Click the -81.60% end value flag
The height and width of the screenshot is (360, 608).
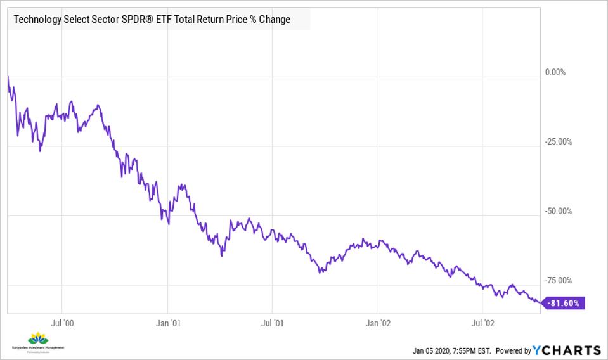[564, 303]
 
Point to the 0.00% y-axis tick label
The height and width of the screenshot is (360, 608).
[555, 72]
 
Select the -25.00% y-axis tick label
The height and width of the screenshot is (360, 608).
[558, 142]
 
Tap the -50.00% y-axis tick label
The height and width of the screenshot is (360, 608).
[558, 211]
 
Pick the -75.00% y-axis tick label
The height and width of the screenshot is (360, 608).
[558, 280]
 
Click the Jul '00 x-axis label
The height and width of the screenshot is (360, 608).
[62, 323]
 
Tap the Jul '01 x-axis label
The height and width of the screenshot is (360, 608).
[273, 323]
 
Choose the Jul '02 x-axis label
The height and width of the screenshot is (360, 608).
[483, 323]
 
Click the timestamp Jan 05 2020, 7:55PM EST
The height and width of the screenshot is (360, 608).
[451, 350]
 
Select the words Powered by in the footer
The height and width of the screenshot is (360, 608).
[513, 350]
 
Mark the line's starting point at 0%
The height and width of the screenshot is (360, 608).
[8, 77]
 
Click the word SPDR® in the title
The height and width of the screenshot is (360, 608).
[131, 19]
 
